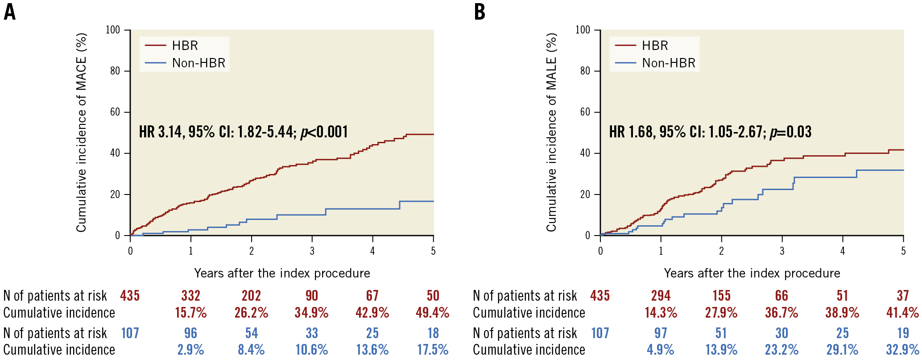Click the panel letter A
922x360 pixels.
pyautogui.click(x=9, y=12)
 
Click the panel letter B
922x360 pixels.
pyautogui.click(x=480, y=12)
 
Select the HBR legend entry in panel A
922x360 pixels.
pyautogui.click(x=185, y=46)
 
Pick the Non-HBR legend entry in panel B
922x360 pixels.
pyautogui.click(x=668, y=63)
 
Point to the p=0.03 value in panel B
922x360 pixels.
pyautogui.click(x=790, y=132)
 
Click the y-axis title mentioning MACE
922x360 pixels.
pyautogui.click(x=81, y=132)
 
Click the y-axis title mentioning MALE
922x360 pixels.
pyautogui.click(x=551, y=132)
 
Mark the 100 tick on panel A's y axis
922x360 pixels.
pyautogui.click(x=113, y=30)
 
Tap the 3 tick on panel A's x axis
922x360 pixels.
pyautogui.click(x=312, y=251)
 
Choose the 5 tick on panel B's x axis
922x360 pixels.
pyautogui.click(x=903, y=251)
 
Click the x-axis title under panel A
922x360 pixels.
pyautogui.click(x=282, y=273)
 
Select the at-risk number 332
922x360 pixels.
pyautogui.click(x=190, y=296)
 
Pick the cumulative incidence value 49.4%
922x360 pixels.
pyautogui.click(x=432, y=313)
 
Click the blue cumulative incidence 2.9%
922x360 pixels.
pyautogui.click(x=190, y=350)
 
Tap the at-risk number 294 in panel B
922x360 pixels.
pyautogui.click(x=661, y=296)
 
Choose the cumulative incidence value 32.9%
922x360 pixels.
pyautogui.click(x=902, y=350)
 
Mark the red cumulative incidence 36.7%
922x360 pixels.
pyautogui.click(x=781, y=313)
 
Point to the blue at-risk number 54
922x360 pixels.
pyautogui.click(x=251, y=333)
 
